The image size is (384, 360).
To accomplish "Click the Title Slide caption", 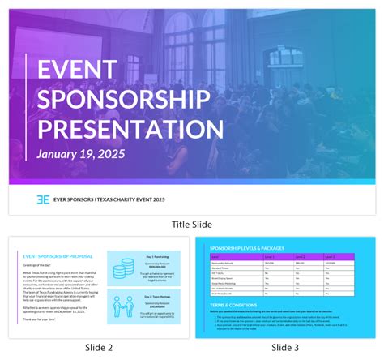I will coord(192,225).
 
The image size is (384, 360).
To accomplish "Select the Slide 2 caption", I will coord(98,348).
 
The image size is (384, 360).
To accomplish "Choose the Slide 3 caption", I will coord(286,348).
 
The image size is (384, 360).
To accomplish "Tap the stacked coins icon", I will coord(126,267).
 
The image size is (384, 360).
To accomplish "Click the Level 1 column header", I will coord(269,255).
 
